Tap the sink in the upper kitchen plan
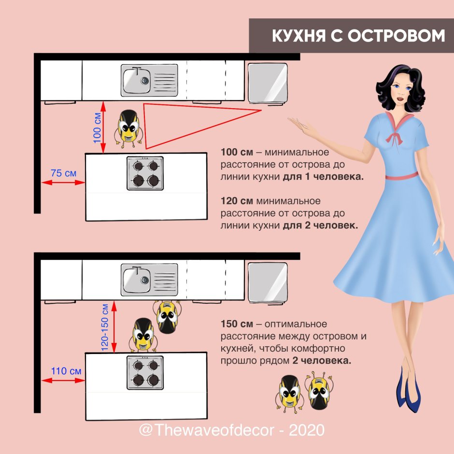(149, 80)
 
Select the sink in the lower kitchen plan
(149, 279)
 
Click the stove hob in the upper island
(145, 173)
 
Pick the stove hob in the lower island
(145, 372)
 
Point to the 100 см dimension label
(97, 128)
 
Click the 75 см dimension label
(63, 173)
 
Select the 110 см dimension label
(66, 371)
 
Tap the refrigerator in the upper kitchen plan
(269, 82)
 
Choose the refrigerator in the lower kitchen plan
(269, 282)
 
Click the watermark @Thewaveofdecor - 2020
(231, 429)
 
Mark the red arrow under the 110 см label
(63, 381)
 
